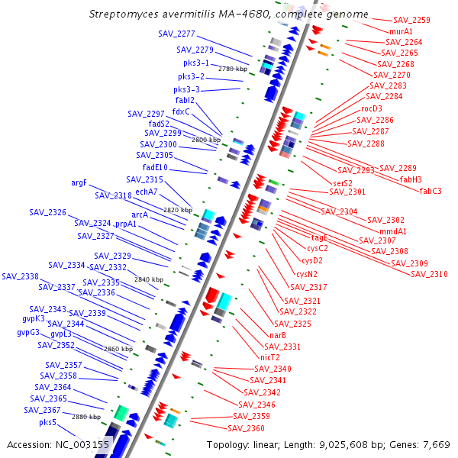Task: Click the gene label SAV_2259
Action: (x=411, y=20)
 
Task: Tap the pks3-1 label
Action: (x=196, y=63)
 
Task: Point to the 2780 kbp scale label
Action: (x=233, y=69)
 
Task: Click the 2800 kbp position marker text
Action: (x=206, y=140)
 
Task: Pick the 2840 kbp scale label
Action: (x=149, y=279)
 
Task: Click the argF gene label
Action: (x=79, y=183)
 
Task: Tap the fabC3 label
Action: (x=435, y=190)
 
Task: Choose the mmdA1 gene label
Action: (x=393, y=231)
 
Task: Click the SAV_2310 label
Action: (x=429, y=274)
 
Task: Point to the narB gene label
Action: (x=278, y=335)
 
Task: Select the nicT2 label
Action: (x=270, y=356)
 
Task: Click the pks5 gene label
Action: (x=48, y=422)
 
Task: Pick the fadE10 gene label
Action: (x=155, y=167)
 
